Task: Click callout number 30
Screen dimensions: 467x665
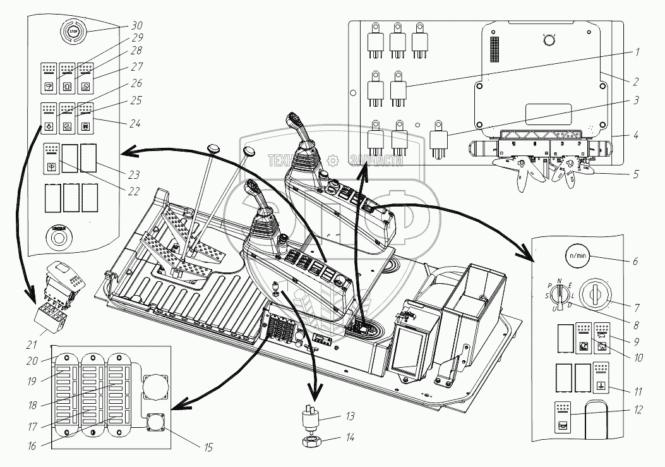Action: [136, 26]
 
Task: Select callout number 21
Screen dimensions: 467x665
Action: [31, 344]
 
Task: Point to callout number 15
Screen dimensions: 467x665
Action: [208, 447]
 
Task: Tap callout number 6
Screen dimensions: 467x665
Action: [635, 260]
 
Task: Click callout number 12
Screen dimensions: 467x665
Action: [639, 410]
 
